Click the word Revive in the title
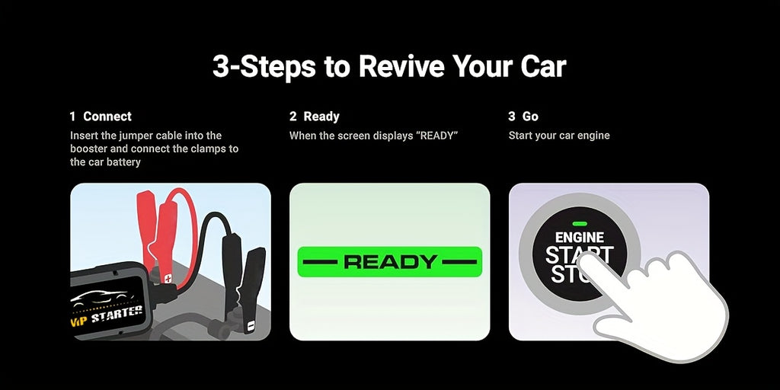(x=401, y=66)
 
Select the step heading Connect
(x=107, y=117)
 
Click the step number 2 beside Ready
(x=293, y=117)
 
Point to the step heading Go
(x=530, y=117)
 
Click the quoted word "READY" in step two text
(x=439, y=136)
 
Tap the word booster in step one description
(x=88, y=149)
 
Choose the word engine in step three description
(x=593, y=136)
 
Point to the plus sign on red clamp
(x=168, y=279)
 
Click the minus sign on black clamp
(x=251, y=326)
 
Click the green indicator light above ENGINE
(x=579, y=224)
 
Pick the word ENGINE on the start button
(x=580, y=238)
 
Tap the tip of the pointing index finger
(x=583, y=257)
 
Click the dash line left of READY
(x=321, y=262)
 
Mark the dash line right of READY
(x=459, y=262)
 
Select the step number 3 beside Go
(x=512, y=117)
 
